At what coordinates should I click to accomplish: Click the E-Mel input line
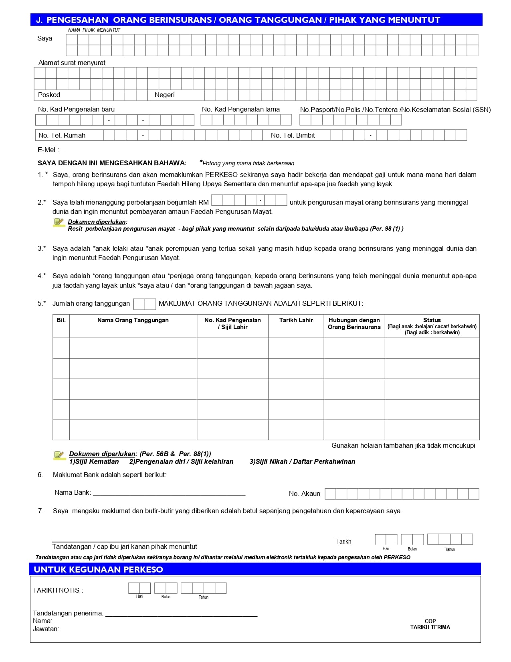pos(182,152)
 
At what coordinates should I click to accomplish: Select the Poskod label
pos(49,95)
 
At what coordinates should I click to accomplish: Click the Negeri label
pos(164,95)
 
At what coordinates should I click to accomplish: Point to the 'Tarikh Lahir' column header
pos(296,320)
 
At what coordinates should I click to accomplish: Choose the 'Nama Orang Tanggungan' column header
pos(133,320)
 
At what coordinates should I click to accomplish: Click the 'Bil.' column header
pos(61,320)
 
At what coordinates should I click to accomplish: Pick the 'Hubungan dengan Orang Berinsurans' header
pos(354,323)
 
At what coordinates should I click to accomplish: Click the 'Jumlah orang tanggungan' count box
pos(144,304)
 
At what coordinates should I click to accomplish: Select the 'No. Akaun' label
pos(304,494)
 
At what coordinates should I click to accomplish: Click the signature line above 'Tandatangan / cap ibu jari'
pos(121,541)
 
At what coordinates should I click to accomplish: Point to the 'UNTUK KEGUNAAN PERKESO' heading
pos(98,569)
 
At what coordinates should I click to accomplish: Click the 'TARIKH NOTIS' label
pos(58,590)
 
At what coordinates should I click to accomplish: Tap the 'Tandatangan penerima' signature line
pos(181,615)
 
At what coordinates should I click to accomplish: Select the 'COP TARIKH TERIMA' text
pos(430,624)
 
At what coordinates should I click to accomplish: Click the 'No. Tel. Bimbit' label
pos(293,136)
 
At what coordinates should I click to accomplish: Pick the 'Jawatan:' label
pos(46,629)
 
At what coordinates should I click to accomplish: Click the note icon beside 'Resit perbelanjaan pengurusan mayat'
pos(59,222)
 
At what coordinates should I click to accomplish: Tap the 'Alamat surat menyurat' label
pos(72,63)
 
